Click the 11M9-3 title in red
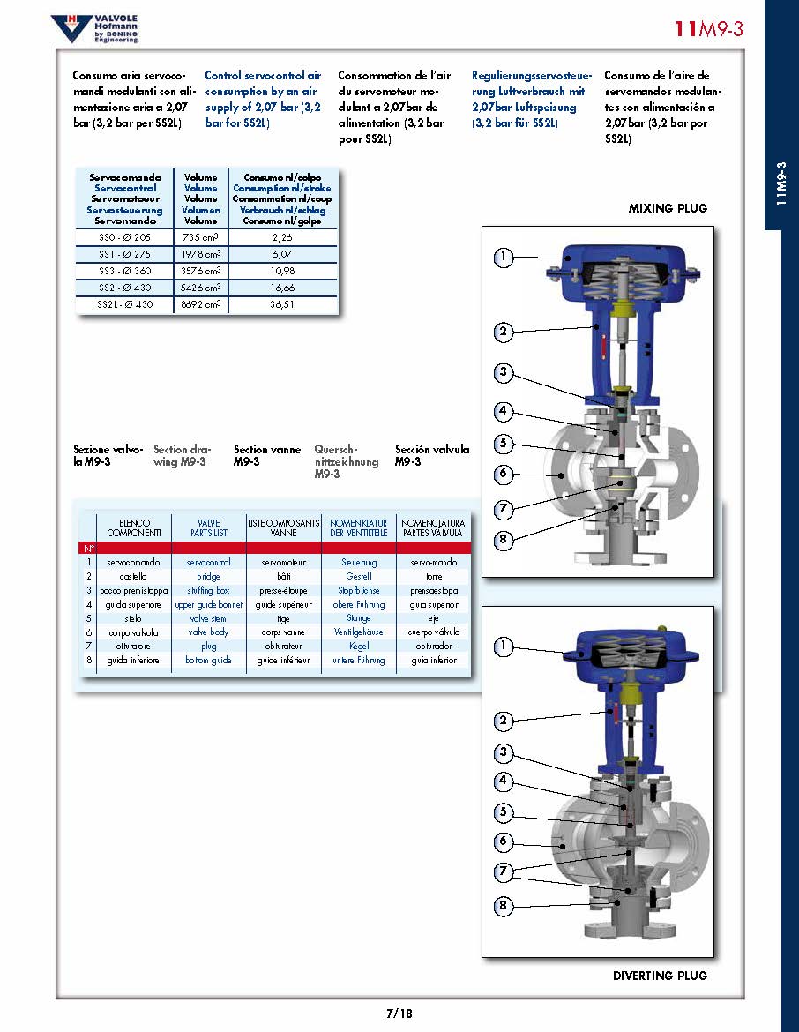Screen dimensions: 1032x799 point(709,29)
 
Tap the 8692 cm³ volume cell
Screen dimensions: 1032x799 point(201,304)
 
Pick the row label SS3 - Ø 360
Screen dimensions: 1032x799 point(124,270)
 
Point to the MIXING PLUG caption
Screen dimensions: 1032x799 point(668,209)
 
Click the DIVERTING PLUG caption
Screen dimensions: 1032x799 point(660,976)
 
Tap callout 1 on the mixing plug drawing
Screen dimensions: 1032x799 point(503,257)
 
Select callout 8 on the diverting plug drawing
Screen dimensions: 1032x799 point(503,905)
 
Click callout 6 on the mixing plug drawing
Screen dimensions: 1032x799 point(503,474)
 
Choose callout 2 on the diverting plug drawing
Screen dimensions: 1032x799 point(503,721)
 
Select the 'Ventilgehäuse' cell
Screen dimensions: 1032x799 point(359,632)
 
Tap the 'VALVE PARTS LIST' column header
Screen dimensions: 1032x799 point(208,527)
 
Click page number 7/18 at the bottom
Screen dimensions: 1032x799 point(399,1013)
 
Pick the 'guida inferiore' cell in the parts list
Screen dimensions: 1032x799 point(133,661)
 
